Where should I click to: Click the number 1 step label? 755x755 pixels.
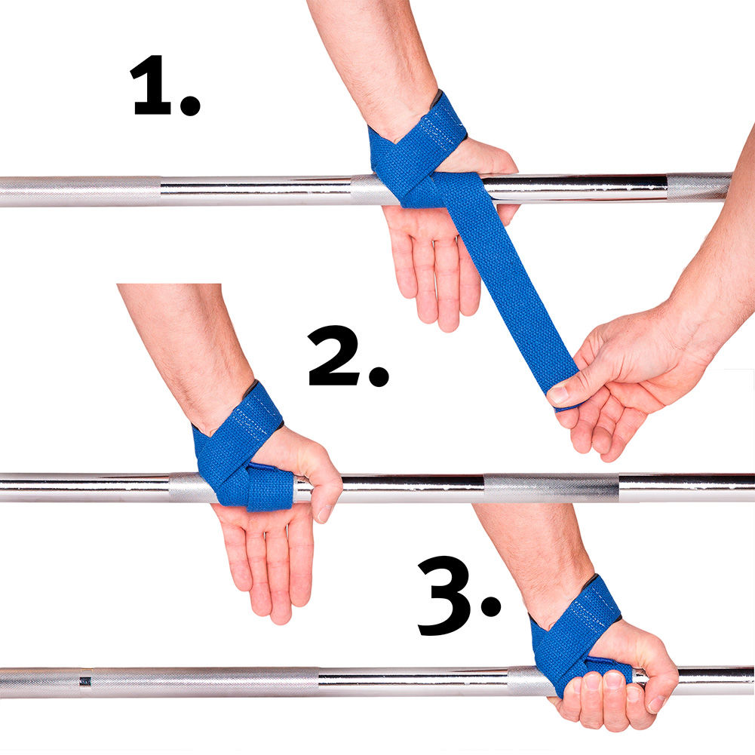pyautogui.click(x=155, y=87)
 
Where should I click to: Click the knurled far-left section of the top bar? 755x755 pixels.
pyautogui.click(x=75, y=191)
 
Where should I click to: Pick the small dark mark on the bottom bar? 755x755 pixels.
pyautogui.click(x=84, y=681)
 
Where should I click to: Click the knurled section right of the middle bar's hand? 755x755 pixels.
pyautogui.click(x=551, y=488)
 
